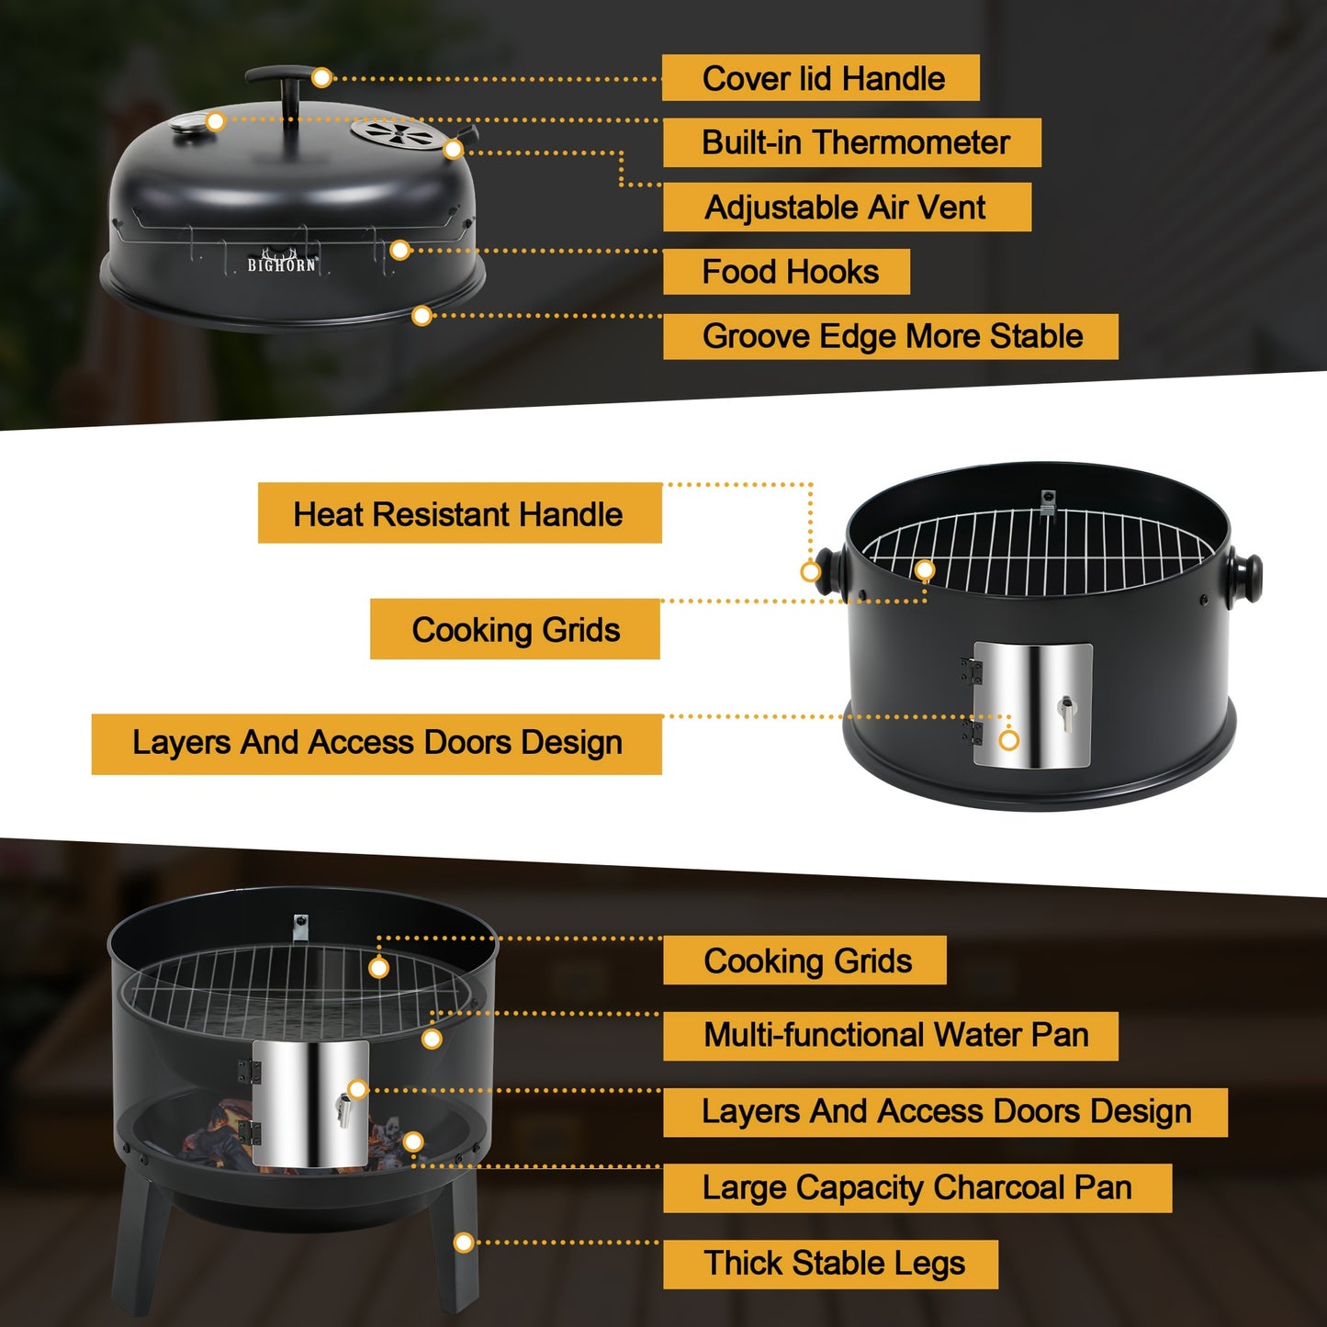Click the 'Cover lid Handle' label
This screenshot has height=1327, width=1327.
820,78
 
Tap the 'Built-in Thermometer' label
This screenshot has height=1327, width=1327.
852,142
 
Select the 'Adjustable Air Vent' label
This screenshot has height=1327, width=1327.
847,208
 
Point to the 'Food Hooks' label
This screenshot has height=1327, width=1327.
786,272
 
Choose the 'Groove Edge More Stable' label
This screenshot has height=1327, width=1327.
891,337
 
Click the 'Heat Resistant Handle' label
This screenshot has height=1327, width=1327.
460,513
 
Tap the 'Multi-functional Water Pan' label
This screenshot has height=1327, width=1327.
891,1035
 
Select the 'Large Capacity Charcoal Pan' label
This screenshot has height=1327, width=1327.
917,1188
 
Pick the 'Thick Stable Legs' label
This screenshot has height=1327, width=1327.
830,1264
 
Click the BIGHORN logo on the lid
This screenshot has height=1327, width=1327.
282,262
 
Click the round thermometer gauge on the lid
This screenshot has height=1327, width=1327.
188,128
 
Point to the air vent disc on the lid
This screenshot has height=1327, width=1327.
395,133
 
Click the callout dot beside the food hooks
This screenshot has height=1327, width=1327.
400,250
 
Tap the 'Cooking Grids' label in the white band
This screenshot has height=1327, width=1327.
515,629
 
